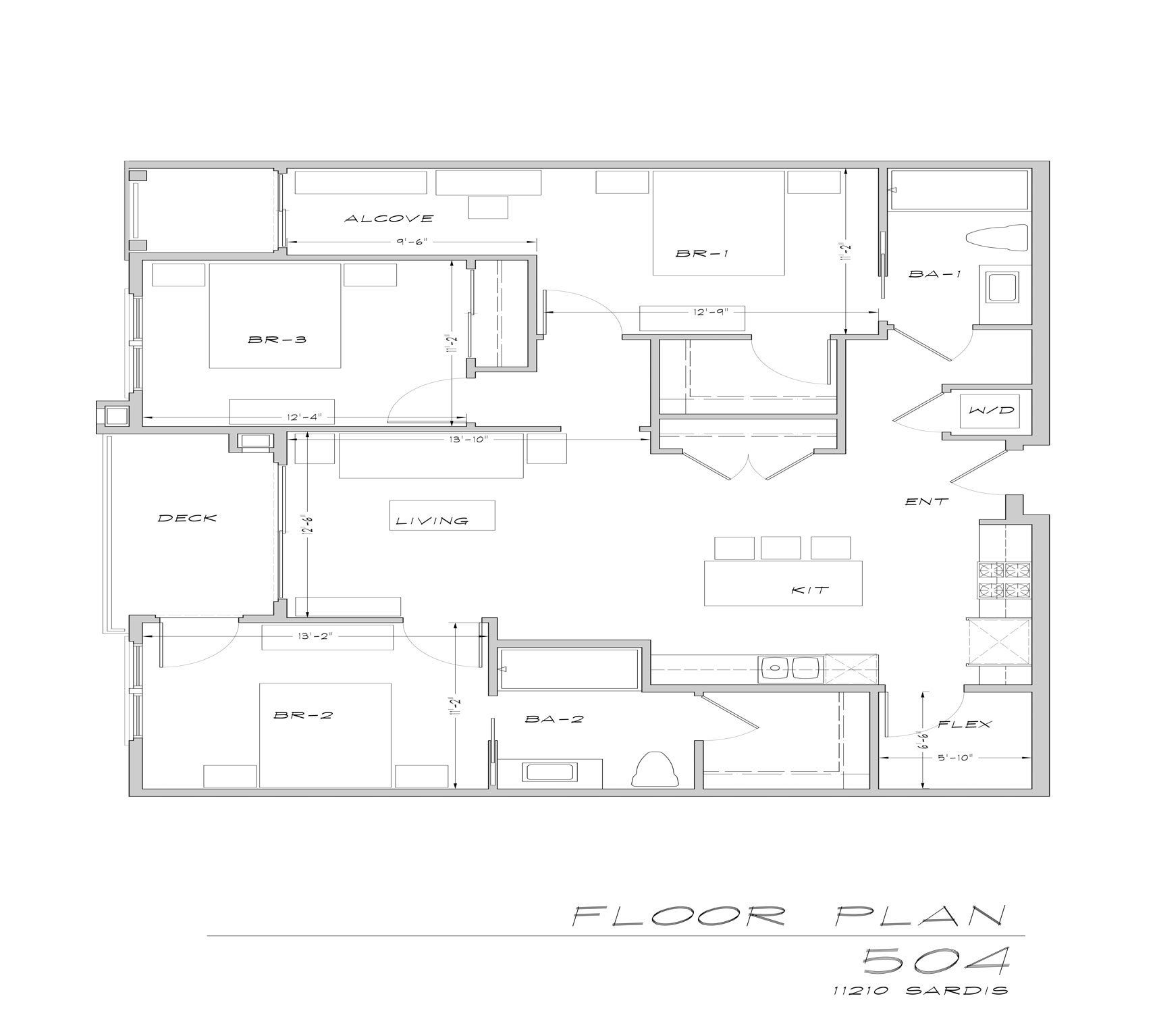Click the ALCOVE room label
388,218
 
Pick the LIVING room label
431,521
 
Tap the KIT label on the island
810,590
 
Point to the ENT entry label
927,502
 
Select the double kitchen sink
790,668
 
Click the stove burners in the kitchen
1005,580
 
